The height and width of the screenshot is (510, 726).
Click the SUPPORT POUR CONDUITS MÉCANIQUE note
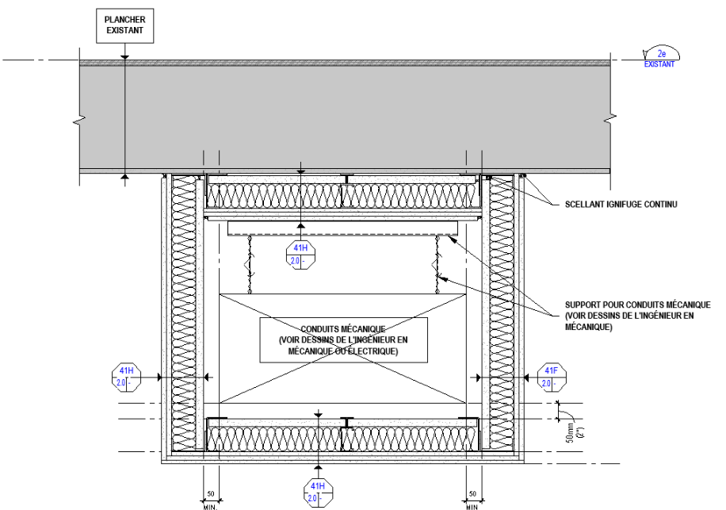[637, 316]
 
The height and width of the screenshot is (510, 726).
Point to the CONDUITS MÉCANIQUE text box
[343, 339]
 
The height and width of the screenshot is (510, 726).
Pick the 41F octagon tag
[550, 378]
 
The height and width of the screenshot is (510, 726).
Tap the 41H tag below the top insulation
[300, 254]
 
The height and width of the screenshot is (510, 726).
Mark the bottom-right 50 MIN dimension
[472, 498]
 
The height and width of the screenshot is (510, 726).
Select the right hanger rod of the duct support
[437, 266]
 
